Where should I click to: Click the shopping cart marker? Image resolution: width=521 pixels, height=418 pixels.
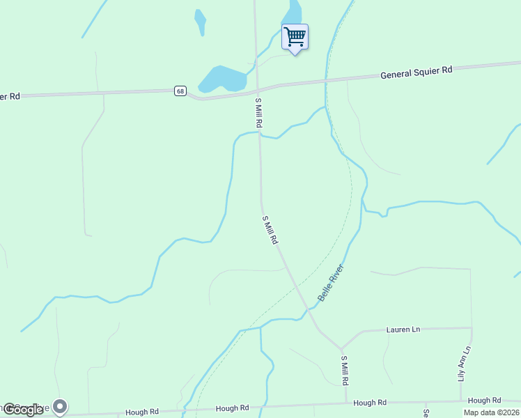coord(295,37)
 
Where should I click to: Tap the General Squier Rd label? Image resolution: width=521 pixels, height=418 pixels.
coord(417,72)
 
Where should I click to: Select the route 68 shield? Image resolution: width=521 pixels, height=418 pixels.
coord(180,91)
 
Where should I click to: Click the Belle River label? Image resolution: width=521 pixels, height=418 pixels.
coord(332,282)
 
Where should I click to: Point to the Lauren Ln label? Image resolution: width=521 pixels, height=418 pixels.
coord(403,329)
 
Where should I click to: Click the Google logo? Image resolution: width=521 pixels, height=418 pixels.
coord(23,410)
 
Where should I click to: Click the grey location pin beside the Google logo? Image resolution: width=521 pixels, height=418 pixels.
coord(60,406)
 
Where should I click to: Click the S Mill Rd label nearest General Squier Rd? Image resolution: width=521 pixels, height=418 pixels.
coord(258,112)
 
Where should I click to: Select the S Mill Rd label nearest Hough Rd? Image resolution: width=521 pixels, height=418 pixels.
coord(344,371)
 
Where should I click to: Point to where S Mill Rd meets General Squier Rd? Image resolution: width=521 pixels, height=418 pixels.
coord(257,90)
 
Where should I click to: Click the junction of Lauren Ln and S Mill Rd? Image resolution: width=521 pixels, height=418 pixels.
coord(342,348)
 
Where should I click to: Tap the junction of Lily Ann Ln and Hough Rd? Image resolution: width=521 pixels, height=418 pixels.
coord(460,401)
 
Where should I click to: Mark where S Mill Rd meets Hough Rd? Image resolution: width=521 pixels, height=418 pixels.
coord(346,403)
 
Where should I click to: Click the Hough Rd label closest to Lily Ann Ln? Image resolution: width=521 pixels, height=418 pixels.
coord(484,401)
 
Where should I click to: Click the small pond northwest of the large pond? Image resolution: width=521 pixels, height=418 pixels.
coord(201,22)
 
